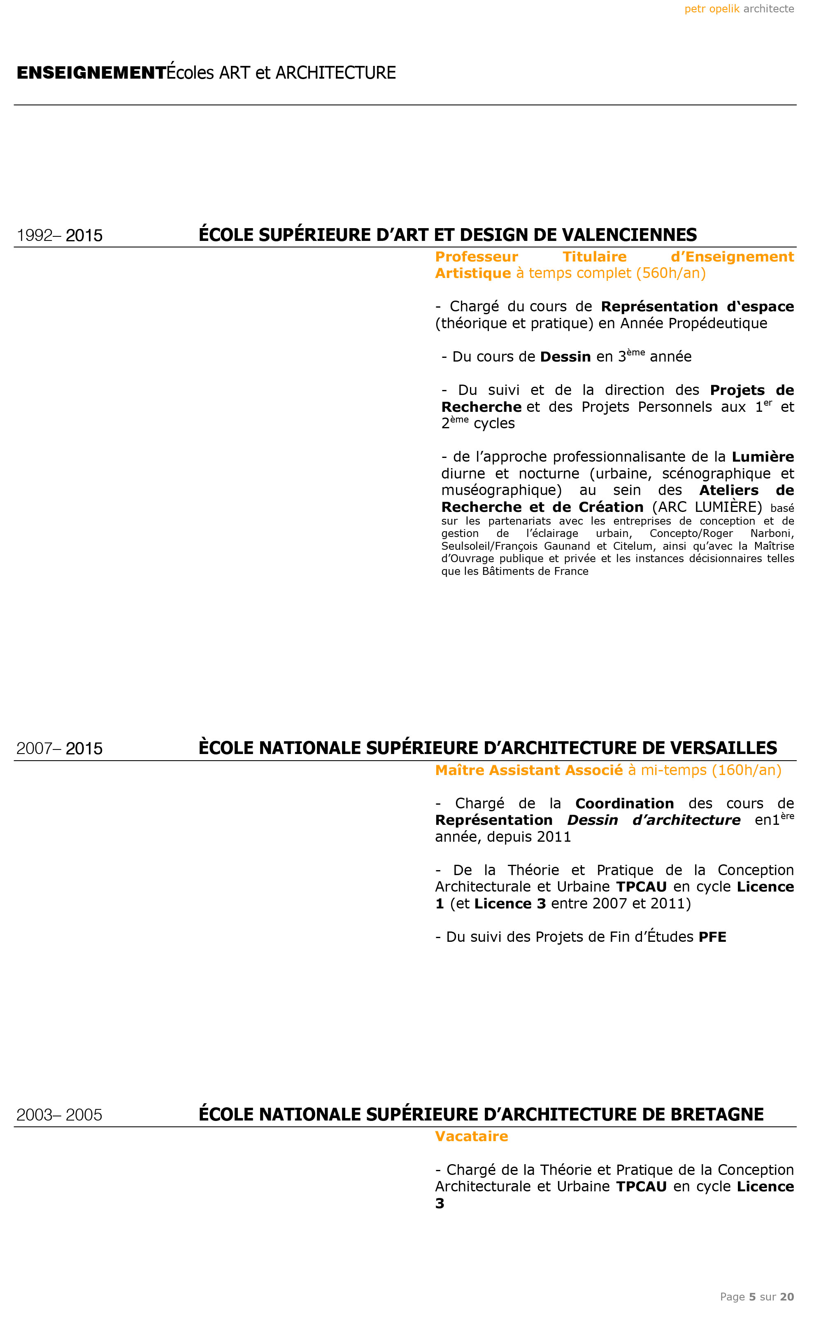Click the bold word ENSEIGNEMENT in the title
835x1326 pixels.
[x=91, y=73]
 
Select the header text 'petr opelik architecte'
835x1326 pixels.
[x=739, y=9]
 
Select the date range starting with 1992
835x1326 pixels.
[x=59, y=236]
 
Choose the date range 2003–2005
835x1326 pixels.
[x=59, y=1115]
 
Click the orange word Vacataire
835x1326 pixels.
[x=471, y=1136]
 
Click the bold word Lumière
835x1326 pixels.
[x=762, y=457]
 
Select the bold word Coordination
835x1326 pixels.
[x=624, y=803]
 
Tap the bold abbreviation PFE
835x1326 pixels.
[x=712, y=937]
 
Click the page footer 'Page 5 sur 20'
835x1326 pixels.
[x=756, y=1297]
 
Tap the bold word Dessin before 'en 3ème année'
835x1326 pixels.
[x=565, y=357]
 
